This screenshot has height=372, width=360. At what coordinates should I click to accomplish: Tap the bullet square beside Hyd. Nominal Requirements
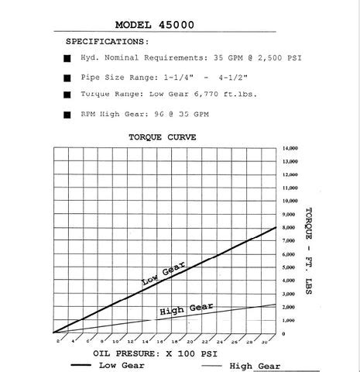(67, 59)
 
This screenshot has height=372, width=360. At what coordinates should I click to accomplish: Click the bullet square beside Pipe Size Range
(67, 78)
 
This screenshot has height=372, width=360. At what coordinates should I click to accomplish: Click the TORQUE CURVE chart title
(164, 136)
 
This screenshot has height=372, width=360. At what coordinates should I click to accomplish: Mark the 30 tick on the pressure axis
(264, 342)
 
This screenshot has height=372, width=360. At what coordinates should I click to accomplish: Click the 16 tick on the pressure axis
(159, 342)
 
